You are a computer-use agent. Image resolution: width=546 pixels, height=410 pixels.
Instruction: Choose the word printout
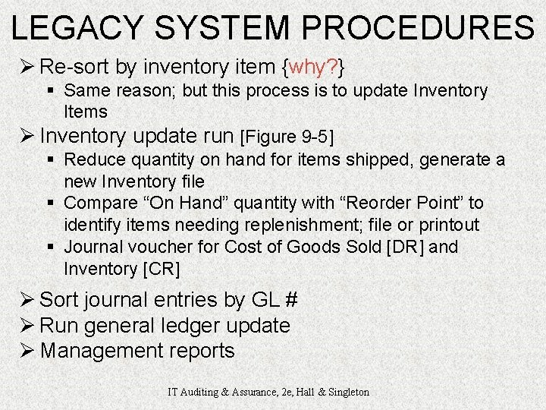tap(448, 225)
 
